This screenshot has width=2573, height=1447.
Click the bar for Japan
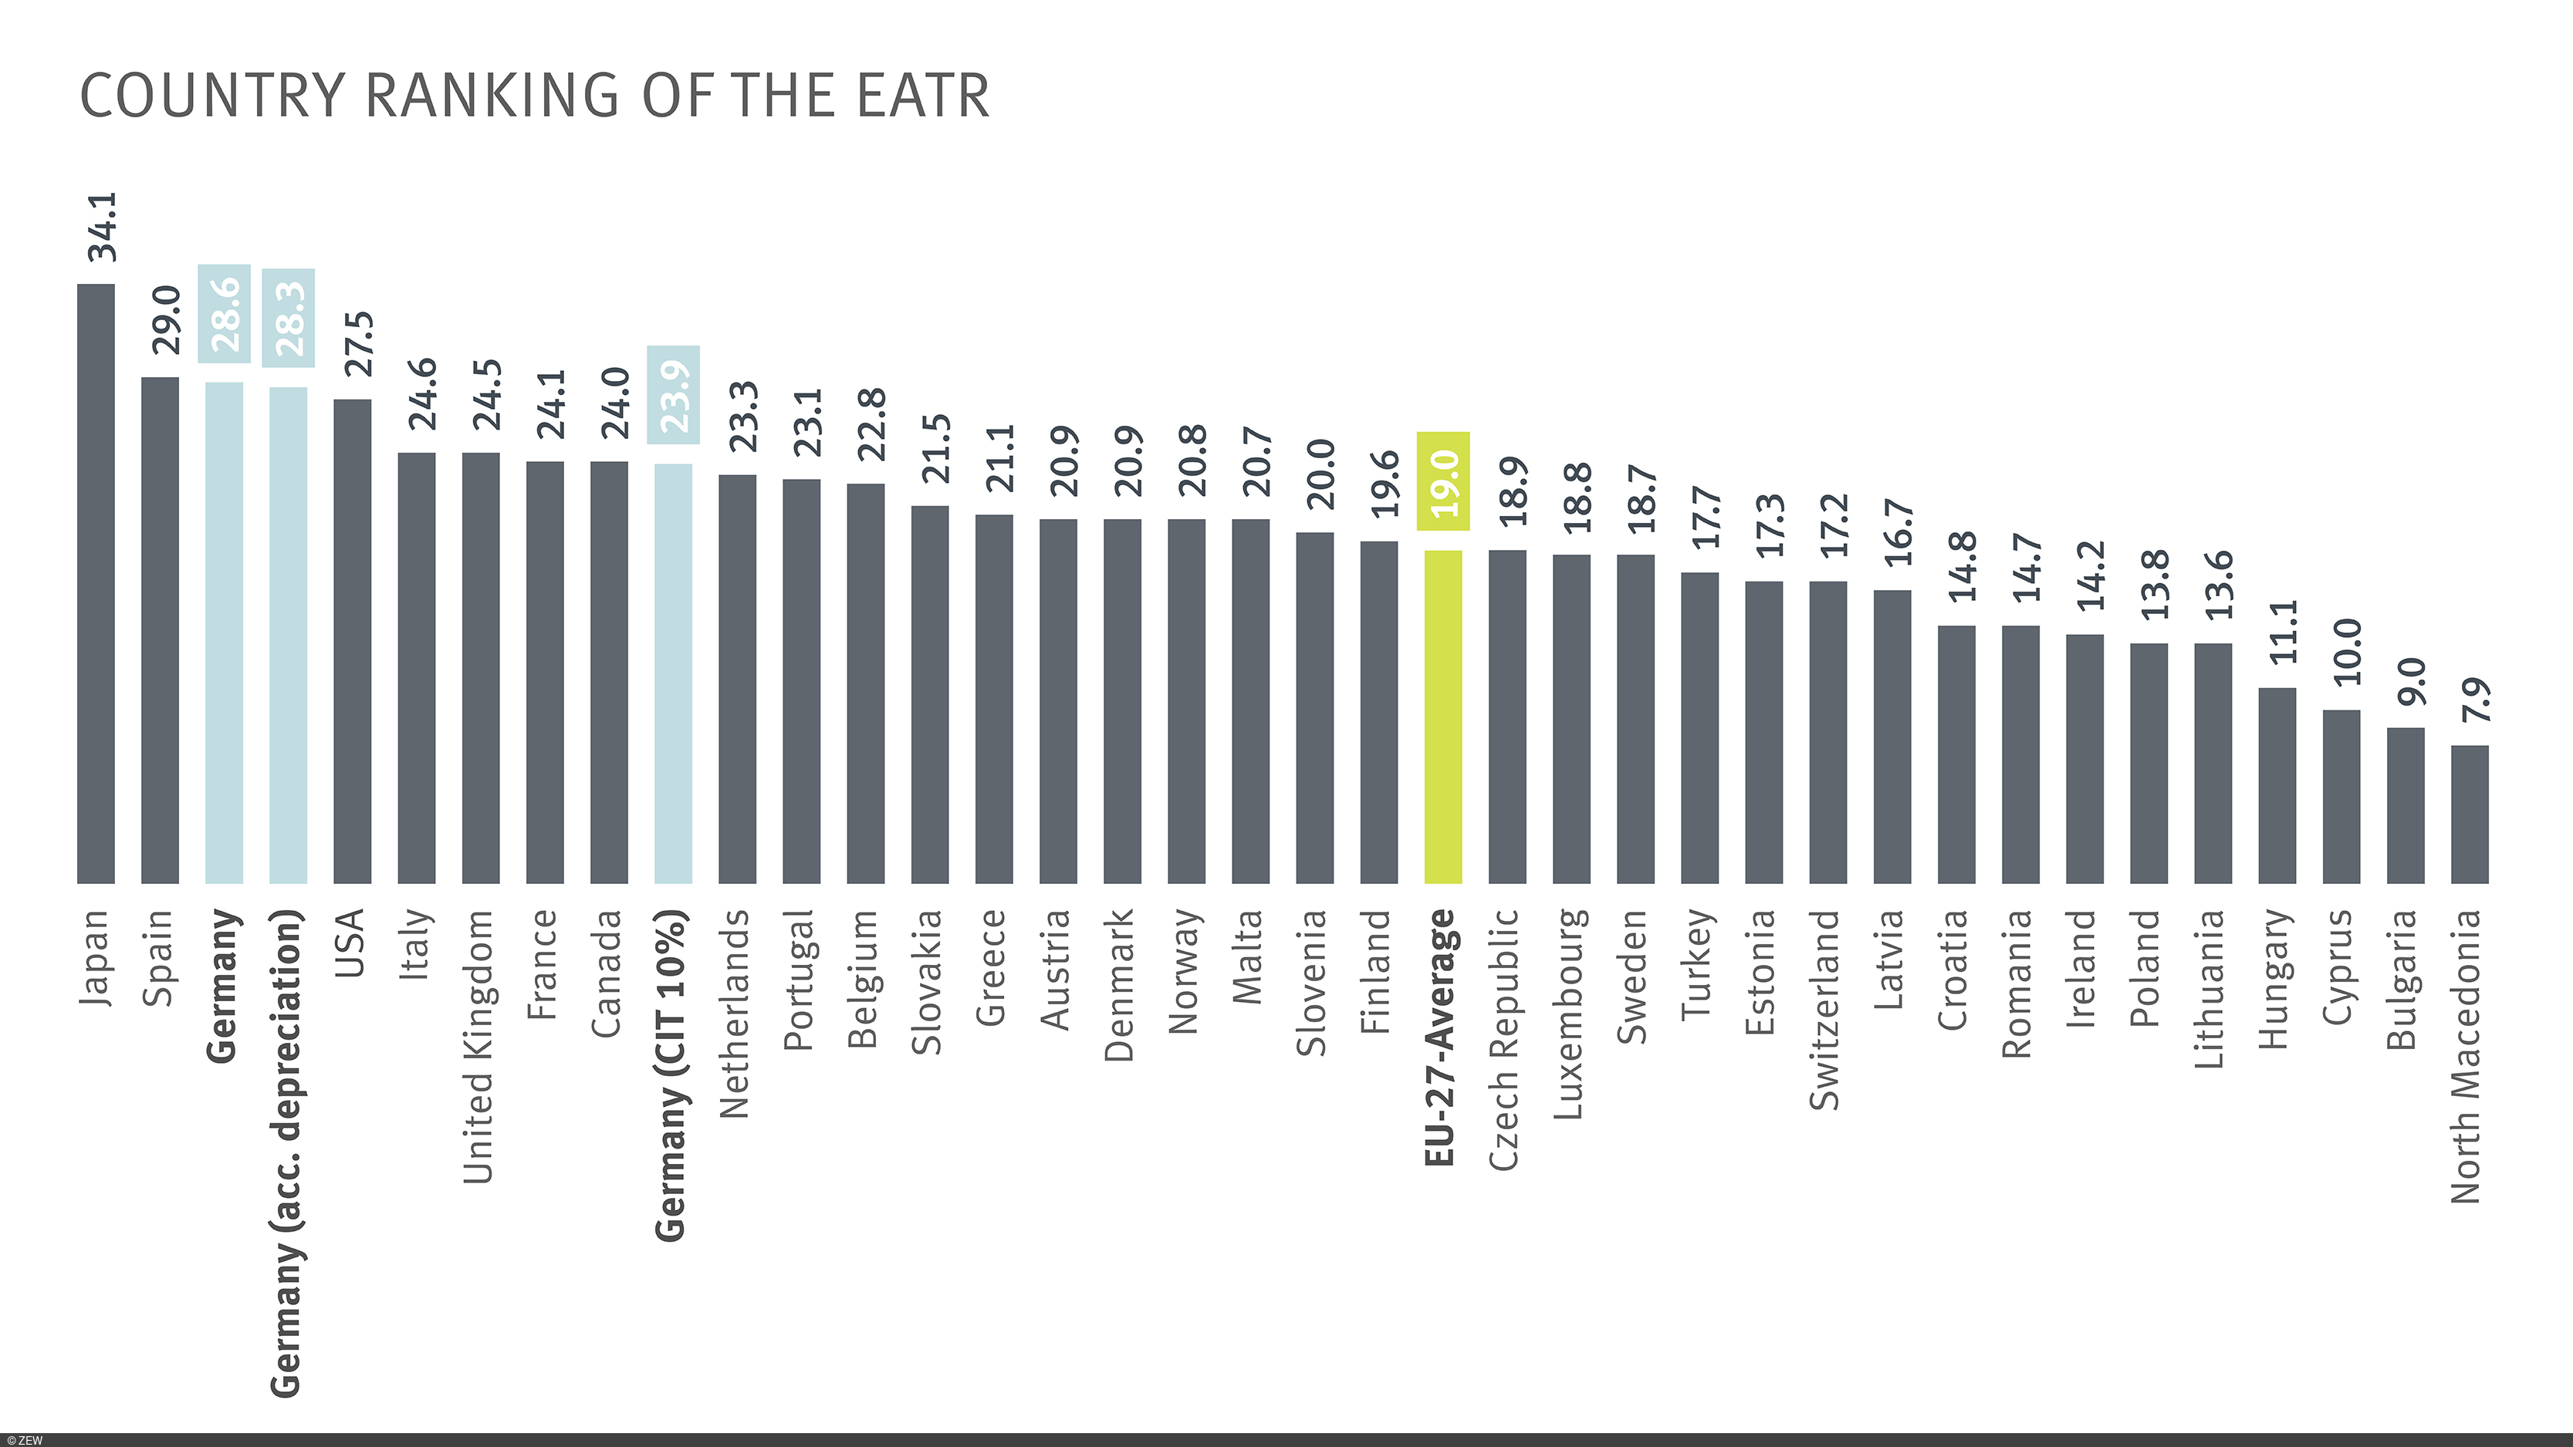(x=96, y=583)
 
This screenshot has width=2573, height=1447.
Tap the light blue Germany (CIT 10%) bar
(x=673, y=673)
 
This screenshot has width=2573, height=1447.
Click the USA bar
(x=353, y=641)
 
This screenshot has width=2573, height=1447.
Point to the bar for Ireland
(x=2084, y=758)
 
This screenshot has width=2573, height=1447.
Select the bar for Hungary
(x=2277, y=785)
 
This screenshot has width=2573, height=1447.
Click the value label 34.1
(x=102, y=227)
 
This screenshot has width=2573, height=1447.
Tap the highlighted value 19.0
(x=1443, y=481)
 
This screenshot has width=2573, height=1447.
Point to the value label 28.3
(x=289, y=318)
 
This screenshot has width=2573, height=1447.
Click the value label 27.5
(x=359, y=343)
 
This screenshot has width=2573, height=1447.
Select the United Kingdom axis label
(x=479, y=1046)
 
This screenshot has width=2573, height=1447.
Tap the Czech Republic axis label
(x=1504, y=1038)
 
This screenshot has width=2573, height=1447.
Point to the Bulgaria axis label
(x=2402, y=979)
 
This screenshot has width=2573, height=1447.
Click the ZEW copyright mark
(x=24, y=1440)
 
